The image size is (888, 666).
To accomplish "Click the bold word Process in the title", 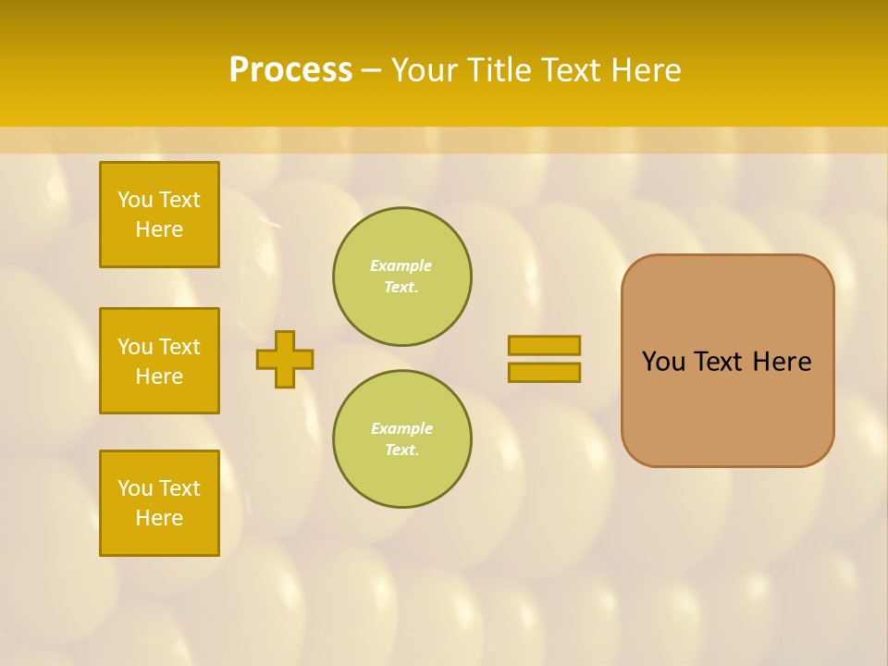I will click(290, 70).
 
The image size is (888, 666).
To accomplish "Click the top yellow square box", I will click(159, 215).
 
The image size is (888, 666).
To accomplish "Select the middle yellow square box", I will click(159, 361).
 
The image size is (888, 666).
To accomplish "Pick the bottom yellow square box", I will click(159, 503).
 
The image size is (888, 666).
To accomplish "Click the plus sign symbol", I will click(285, 359).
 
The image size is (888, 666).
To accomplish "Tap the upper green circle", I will click(402, 277).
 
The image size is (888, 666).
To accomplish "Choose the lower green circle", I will click(402, 439).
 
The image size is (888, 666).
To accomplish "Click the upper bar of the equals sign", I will click(544, 345).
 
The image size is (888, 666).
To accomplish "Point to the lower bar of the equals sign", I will click(544, 373).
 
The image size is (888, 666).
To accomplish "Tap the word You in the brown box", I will click(664, 362).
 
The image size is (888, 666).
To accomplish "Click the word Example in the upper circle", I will click(401, 265).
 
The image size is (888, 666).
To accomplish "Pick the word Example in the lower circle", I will click(401, 428).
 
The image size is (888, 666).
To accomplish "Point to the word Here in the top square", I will click(159, 229).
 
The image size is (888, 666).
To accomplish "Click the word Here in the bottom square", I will click(159, 518).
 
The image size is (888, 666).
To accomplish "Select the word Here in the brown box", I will click(782, 362).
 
